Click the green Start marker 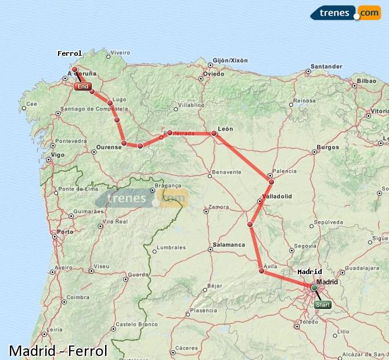pyautogui.click(x=322, y=304)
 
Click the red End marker pyautogui.click(x=83, y=87)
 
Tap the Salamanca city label pyautogui.click(x=229, y=245)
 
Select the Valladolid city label pyautogui.click(x=277, y=196)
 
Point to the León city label pyautogui.click(x=225, y=128)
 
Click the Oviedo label pyautogui.click(x=213, y=74)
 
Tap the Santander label pyautogui.click(x=326, y=66)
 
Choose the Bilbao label pyautogui.click(x=366, y=81)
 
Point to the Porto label pyautogui.click(x=66, y=232)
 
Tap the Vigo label pyautogui.click(x=57, y=155)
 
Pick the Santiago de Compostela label pyautogui.click(x=93, y=109)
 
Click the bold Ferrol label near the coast pyautogui.click(x=70, y=53)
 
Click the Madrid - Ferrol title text pyautogui.click(x=58, y=351)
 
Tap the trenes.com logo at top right pyautogui.click(x=345, y=12)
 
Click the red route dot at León pyautogui.click(x=214, y=134)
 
